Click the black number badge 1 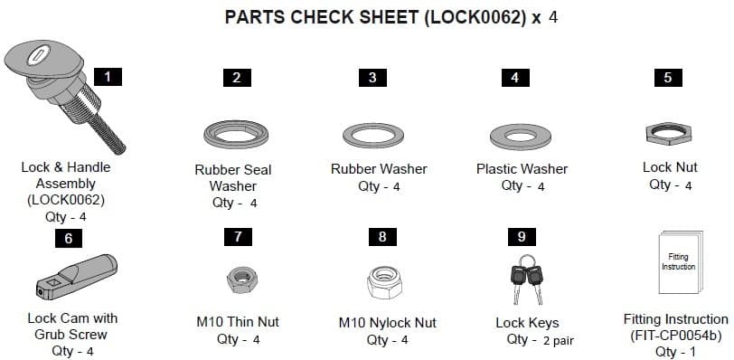[108, 77]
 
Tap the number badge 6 [68, 239]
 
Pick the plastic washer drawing [522, 136]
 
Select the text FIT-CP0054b [675, 336]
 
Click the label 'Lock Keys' [527, 323]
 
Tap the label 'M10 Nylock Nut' [387, 323]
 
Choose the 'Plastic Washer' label [522, 169]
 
